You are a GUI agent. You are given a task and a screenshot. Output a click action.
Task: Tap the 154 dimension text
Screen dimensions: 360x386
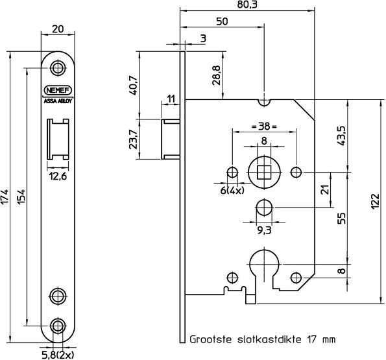click(21, 197)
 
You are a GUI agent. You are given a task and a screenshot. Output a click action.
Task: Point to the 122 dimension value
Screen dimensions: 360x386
click(374, 202)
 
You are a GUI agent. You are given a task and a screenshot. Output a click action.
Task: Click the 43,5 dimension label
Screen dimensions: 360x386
click(342, 137)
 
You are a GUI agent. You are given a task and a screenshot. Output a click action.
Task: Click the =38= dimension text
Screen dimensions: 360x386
click(263, 127)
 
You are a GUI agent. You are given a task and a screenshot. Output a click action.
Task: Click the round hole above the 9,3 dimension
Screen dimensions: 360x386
click(263, 208)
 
